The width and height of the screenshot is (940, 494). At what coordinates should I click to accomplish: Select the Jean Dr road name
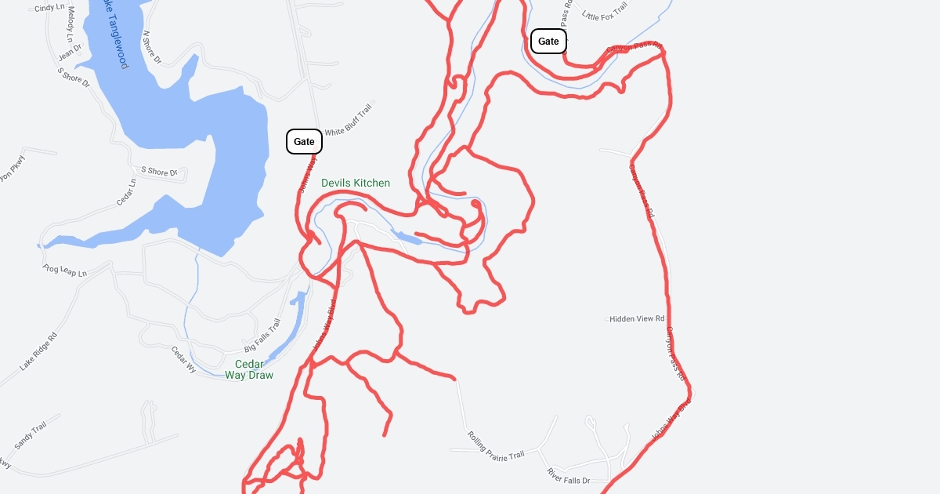(70, 52)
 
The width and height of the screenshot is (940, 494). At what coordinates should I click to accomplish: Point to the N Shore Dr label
(151, 47)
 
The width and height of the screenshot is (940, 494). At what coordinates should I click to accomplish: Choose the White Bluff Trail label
(348, 122)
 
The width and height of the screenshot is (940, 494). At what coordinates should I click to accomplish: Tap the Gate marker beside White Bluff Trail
(304, 142)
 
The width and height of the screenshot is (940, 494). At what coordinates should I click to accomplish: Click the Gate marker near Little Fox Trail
(548, 41)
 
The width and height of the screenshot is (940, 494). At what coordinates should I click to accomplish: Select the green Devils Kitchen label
(356, 183)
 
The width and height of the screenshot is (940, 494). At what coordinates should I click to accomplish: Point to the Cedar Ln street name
(126, 192)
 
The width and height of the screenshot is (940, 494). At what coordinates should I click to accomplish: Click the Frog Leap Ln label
(64, 271)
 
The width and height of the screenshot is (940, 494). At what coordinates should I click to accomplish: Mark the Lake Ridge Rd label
(38, 351)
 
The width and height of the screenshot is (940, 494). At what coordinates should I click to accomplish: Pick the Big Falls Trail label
(262, 335)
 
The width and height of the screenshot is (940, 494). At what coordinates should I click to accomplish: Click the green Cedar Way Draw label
(249, 369)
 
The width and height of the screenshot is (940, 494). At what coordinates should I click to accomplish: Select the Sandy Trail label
(31, 434)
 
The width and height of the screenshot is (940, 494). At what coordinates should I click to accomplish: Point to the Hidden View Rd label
(637, 318)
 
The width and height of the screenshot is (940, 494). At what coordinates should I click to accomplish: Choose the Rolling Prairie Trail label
(495, 445)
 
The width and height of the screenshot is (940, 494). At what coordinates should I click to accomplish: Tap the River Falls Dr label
(568, 475)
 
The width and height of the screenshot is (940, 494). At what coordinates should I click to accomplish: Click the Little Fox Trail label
(605, 13)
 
